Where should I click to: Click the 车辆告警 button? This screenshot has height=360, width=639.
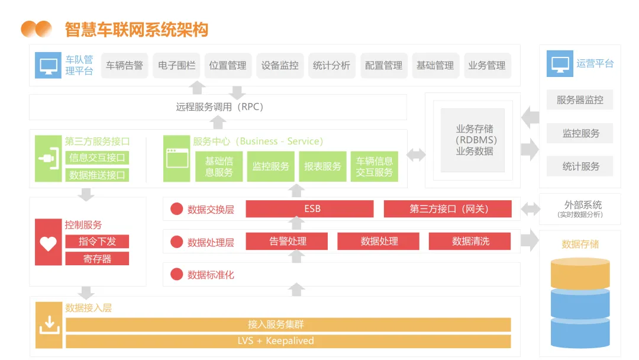click(x=124, y=66)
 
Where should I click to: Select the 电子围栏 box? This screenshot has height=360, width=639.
click(x=176, y=66)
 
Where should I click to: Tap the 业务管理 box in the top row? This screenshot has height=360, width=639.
click(x=486, y=66)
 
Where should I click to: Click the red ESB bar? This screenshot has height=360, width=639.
click(x=309, y=209)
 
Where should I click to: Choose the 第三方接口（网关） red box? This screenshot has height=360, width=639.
click(x=448, y=209)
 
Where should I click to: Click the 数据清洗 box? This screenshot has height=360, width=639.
click(x=470, y=242)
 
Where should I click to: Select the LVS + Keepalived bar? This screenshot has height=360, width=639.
click(x=288, y=342)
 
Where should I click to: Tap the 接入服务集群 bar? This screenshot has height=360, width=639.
click(x=288, y=324)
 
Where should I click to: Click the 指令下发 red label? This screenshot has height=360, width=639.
click(x=97, y=242)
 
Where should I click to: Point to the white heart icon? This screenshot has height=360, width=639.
click(x=48, y=243)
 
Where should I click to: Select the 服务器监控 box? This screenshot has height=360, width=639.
click(x=579, y=100)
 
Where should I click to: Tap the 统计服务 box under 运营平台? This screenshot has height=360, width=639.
click(x=579, y=166)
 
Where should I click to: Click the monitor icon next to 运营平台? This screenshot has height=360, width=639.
click(x=559, y=64)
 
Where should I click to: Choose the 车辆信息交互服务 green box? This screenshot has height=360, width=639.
click(x=374, y=166)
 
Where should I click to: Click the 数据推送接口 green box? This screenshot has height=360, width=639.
click(x=97, y=175)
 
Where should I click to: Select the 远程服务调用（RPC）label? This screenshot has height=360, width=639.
click(x=219, y=107)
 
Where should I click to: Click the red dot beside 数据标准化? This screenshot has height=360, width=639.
click(x=176, y=274)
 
